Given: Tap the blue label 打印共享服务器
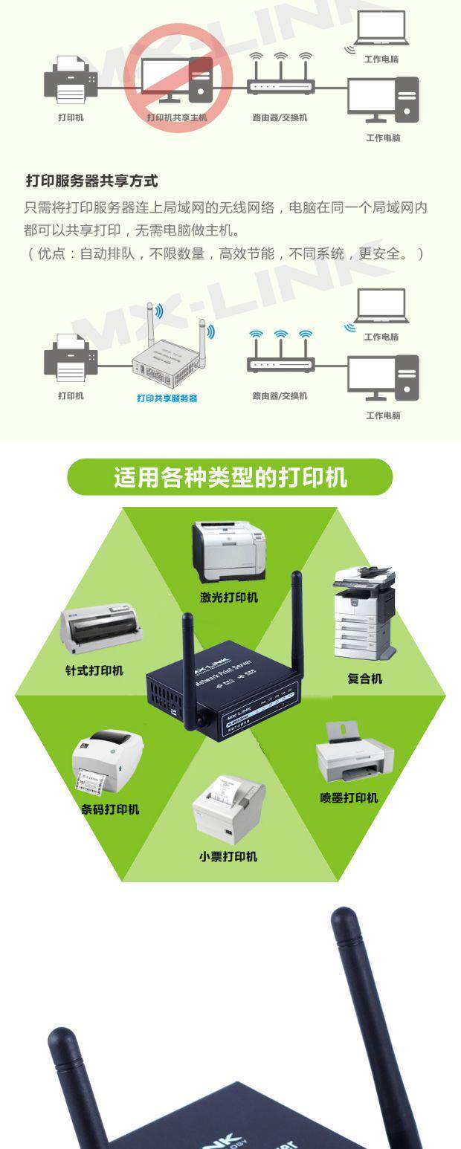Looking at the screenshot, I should click(167, 398).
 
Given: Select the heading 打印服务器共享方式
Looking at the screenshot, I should click(91, 181).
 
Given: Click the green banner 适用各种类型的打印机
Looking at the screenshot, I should click(230, 476).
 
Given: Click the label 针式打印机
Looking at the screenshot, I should click(94, 670).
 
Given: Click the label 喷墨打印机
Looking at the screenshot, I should click(349, 797).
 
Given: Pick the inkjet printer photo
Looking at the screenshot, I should click(354, 754).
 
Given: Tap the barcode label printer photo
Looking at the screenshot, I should click(108, 765).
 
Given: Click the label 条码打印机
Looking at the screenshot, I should click(110, 809).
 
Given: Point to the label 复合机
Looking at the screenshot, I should click(364, 678).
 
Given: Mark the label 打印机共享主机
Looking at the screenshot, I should click(177, 117).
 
